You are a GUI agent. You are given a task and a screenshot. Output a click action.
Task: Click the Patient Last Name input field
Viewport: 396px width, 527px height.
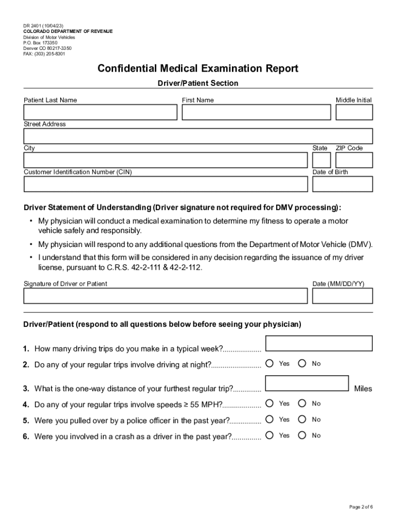[x=100, y=112]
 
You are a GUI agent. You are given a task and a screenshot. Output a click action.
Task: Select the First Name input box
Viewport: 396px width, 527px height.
[x=256, y=112]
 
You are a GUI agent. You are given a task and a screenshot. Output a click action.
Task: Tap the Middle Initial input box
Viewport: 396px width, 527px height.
[x=354, y=112]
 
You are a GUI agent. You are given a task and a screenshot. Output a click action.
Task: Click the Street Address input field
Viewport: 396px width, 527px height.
[x=198, y=136]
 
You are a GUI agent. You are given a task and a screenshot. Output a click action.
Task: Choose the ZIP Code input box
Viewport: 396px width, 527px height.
[x=354, y=160]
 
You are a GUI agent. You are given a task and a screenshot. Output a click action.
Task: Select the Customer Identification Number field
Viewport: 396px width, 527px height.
[x=165, y=184]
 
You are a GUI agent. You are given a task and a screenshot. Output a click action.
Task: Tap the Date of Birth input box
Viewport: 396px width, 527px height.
[x=343, y=184]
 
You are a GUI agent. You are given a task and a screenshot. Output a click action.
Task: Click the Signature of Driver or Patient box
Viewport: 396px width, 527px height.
[x=165, y=296]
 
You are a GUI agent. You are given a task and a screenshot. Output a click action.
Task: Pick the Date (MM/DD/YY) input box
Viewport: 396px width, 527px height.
[x=343, y=296]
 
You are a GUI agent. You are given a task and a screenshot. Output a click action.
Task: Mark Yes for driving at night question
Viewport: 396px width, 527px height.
[x=270, y=364]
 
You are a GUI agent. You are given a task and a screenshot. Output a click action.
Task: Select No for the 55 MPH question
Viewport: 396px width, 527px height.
[x=302, y=403]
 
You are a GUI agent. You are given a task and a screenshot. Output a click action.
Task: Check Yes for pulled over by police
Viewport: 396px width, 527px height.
[x=270, y=419]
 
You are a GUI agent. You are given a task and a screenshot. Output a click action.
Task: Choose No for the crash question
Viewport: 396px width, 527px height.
[x=302, y=435]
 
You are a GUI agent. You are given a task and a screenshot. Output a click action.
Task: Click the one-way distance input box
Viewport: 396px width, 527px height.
[x=308, y=383]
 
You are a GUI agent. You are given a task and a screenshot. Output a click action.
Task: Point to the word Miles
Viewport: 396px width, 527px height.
[x=363, y=389]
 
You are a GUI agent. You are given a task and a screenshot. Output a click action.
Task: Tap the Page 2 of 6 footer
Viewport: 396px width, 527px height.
[x=361, y=507]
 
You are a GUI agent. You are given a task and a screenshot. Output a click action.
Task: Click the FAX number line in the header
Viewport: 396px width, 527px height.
[x=44, y=54]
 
